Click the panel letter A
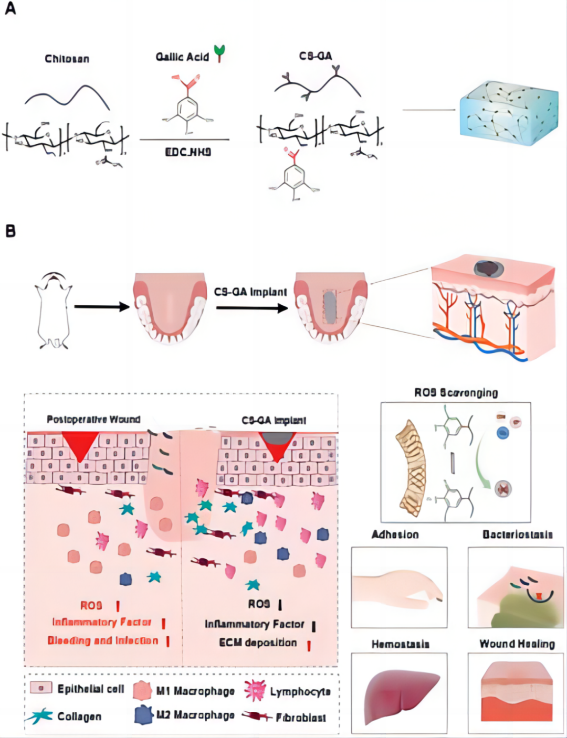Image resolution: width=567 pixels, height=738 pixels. (10, 9)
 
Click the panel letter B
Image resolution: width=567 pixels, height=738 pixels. (10, 231)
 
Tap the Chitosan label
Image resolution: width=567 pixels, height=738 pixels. (67, 59)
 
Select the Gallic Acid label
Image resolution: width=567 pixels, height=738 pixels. (182, 57)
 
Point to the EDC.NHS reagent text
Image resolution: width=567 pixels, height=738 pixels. (188, 152)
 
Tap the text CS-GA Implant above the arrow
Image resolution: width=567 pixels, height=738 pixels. (250, 292)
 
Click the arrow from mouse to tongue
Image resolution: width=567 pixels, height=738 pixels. (101, 306)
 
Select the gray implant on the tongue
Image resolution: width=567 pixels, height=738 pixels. (329, 307)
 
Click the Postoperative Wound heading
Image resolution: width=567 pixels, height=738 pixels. (93, 419)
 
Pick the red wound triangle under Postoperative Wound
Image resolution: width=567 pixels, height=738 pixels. (80, 445)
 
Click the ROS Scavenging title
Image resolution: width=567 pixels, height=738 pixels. (456, 392)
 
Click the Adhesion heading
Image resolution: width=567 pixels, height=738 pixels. (395, 534)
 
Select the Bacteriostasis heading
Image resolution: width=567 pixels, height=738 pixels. (517, 534)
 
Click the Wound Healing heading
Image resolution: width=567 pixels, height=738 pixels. (517, 644)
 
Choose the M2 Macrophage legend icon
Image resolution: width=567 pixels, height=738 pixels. (143, 714)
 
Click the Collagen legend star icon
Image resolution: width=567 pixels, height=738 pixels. (40, 715)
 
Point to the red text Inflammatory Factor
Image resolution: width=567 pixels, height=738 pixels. (101, 622)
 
